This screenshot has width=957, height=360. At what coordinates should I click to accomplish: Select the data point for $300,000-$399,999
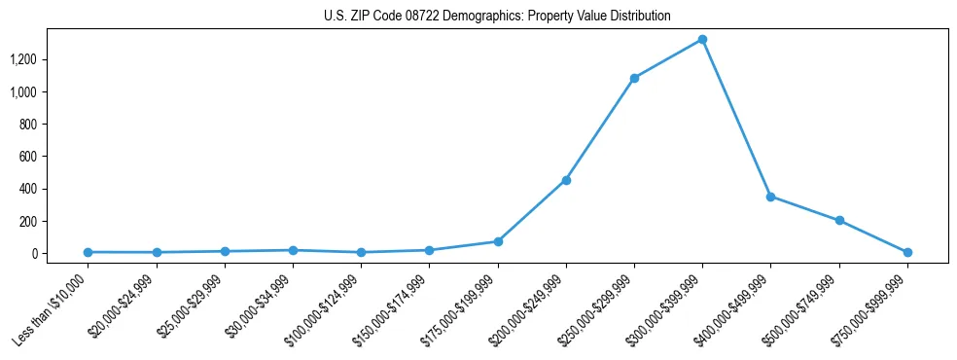click(702, 40)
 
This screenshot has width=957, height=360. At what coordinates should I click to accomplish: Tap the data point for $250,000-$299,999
click(634, 78)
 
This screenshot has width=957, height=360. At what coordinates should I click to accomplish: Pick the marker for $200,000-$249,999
click(566, 180)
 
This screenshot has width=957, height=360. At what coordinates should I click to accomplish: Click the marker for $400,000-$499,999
click(770, 197)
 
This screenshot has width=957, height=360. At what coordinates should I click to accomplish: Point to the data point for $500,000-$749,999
click(838, 221)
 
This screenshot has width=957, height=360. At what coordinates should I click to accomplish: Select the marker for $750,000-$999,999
click(906, 252)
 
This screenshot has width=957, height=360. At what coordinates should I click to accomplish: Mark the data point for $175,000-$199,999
click(498, 241)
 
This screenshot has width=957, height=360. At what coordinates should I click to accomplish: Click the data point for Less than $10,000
click(89, 252)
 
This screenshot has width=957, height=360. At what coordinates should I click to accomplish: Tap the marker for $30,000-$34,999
click(293, 250)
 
